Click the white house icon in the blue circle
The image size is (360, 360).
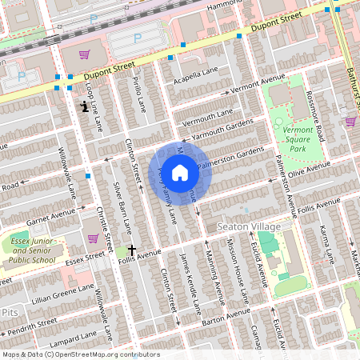pos(180,172)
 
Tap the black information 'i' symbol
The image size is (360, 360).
pos(84,105)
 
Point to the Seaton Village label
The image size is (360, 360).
pos(249,227)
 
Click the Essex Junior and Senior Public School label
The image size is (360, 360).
pos(33,249)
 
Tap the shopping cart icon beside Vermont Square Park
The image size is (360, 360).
pos(350,122)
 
